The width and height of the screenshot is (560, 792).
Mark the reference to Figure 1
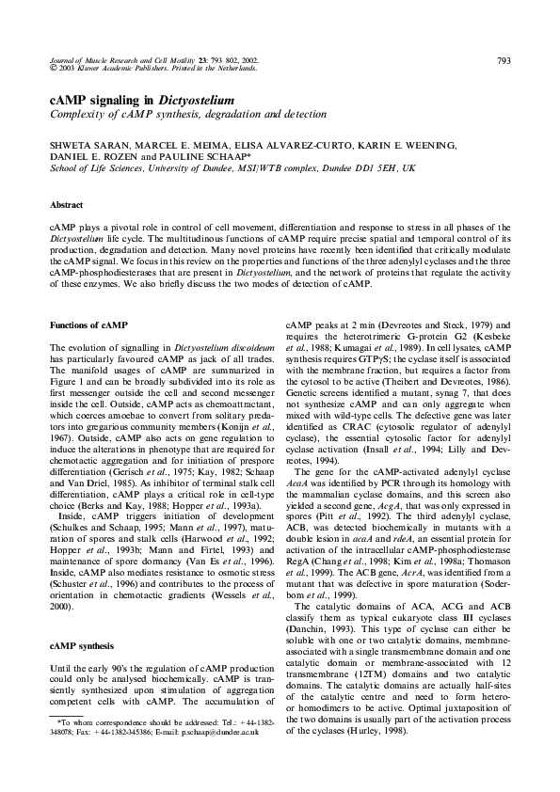coord(65,387)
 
